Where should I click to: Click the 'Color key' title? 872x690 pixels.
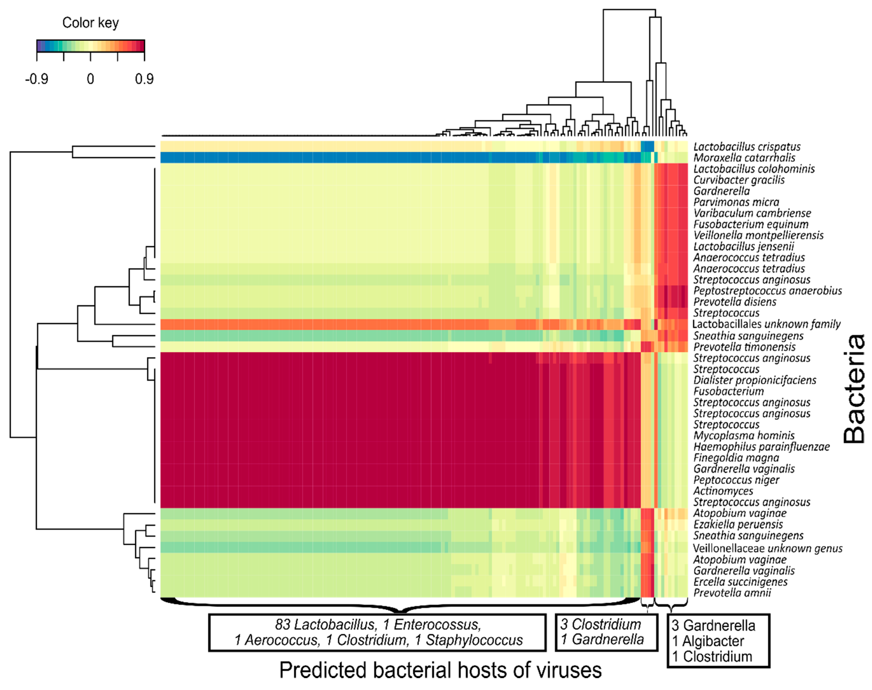click(90, 23)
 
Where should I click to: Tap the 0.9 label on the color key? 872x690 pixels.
click(144, 79)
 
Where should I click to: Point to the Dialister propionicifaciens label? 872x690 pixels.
click(755, 380)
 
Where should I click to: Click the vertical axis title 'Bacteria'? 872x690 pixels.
click(855, 389)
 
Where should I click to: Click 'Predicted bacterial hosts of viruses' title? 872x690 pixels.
click(440, 670)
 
